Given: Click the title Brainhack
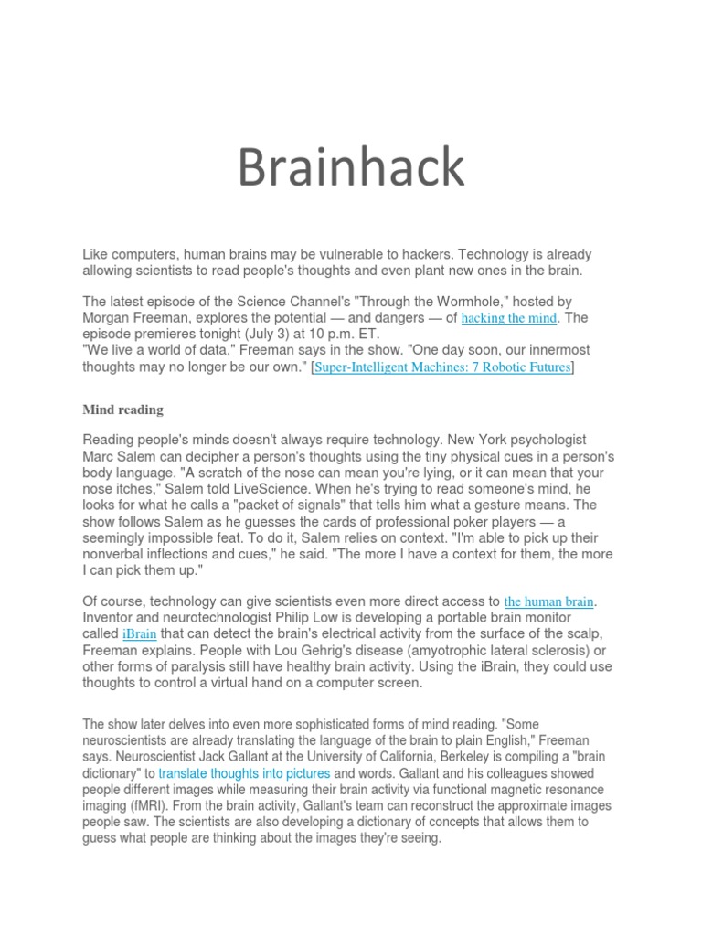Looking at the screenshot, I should pyautogui.click(x=351, y=168).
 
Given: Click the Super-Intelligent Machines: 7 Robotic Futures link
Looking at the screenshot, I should pyautogui.click(x=442, y=367).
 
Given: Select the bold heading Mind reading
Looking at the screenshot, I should pyautogui.click(x=122, y=409).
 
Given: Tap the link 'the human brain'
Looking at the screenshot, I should pyautogui.click(x=549, y=601).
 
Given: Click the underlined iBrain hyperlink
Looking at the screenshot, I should pyautogui.click(x=139, y=633).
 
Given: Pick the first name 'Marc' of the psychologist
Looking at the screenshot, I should pyautogui.click(x=100, y=456).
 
